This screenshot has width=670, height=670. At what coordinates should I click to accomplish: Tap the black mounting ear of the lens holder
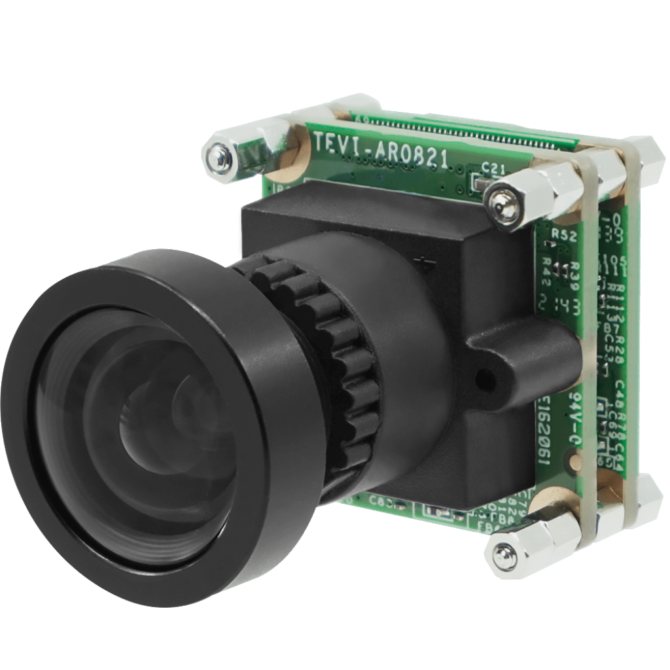517,360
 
